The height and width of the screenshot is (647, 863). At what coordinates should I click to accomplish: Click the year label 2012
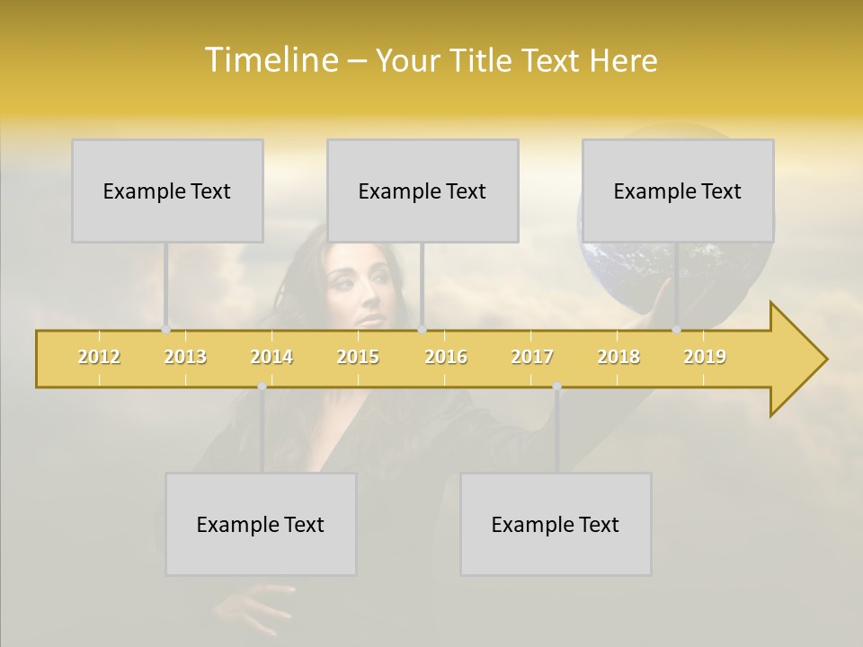pos(99,357)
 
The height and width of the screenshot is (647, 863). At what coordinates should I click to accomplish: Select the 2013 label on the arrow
pos(185,357)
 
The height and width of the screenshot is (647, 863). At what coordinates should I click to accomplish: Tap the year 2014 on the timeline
pos(271,357)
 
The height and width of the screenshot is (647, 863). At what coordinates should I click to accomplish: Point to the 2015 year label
pos(358,357)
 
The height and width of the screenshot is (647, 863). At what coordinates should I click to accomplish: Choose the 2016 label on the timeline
pos(446,357)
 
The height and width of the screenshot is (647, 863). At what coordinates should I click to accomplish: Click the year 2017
pos(532,357)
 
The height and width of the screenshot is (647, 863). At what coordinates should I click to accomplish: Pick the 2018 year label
pos(618,357)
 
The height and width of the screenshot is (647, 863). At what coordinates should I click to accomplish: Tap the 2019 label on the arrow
pos(705,357)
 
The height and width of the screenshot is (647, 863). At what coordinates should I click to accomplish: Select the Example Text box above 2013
pos(167,191)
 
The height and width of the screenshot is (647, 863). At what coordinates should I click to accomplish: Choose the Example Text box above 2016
pos(423,191)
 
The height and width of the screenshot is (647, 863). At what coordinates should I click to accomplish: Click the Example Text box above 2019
pos(678,191)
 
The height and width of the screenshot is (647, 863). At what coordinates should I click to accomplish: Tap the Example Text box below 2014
pos(261,524)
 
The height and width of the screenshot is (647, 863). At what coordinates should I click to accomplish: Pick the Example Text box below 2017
pos(556,524)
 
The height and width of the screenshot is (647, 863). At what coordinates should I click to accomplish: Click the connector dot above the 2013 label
pos(166,330)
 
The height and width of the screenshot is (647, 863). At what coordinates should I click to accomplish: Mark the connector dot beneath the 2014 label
pos(262,386)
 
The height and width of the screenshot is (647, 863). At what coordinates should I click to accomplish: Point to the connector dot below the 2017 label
pos(556,386)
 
